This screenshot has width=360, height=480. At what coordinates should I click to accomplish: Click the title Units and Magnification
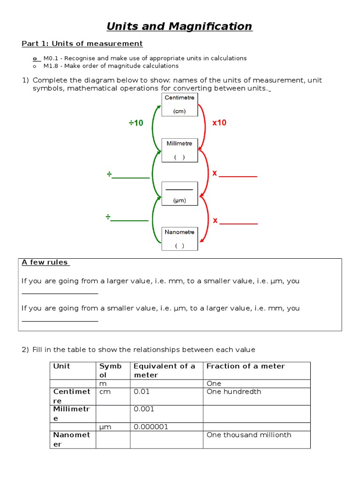[180, 27]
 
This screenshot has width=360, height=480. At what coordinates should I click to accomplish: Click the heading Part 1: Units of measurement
[82, 44]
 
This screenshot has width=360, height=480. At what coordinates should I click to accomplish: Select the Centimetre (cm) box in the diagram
[180, 105]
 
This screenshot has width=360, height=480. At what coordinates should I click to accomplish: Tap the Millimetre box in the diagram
[180, 150]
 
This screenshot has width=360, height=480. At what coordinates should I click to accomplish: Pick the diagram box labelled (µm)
[180, 194]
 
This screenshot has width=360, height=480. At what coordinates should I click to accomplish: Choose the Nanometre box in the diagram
[180, 239]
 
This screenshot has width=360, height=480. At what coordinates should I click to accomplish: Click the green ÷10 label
[136, 123]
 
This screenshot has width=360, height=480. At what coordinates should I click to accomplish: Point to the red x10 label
[219, 123]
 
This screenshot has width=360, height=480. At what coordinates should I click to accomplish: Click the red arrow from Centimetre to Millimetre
[205, 127]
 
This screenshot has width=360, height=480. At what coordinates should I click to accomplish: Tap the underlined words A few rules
[45, 262]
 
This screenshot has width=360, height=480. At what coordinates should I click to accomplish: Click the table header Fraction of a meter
[246, 366]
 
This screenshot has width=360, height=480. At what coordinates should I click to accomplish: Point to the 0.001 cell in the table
[144, 409]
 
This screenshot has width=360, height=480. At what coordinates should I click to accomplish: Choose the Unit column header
[61, 366]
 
